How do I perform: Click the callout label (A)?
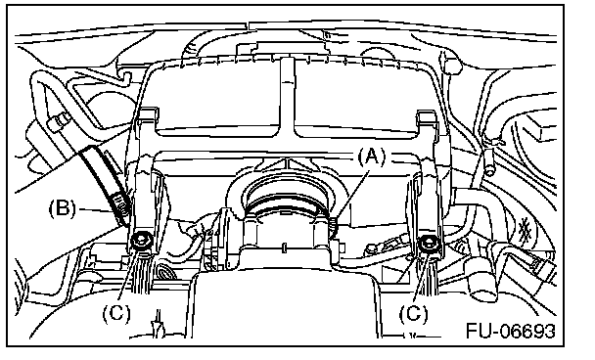371,157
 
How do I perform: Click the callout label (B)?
63,208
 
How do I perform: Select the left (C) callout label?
116,313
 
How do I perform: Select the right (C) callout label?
413,313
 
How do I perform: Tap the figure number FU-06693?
511,331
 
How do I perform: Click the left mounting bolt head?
141,240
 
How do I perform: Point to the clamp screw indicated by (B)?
120,204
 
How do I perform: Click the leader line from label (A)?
351,196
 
